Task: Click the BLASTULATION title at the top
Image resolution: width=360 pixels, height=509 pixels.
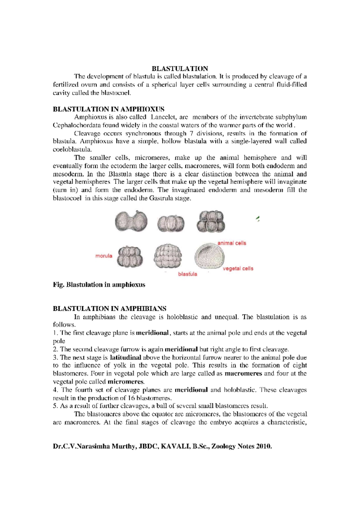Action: pyautogui.click(x=180, y=69)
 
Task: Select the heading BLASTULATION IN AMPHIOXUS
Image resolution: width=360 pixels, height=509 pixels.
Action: pyautogui.click(x=108, y=109)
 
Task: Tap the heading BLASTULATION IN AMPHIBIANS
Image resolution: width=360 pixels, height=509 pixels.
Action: pyautogui.click(x=109, y=309)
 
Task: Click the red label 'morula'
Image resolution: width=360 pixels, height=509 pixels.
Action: pyautogui.click(x=104, y=256)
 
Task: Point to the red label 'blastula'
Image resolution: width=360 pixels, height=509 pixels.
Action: pyautogui.click(x=187, y=274)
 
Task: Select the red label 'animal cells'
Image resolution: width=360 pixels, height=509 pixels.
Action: pyautogui.click(x=232, y=243)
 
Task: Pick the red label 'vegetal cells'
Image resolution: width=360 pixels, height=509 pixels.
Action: pyautogui.click(x=238, y=269)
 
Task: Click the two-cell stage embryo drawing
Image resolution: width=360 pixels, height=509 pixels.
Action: pyautogui.click(x=131, y=221)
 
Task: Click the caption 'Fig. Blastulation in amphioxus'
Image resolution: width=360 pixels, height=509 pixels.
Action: pyautogui.click(x=99, y=285)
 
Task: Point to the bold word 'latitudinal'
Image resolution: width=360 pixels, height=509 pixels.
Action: pyautogui.click(x=125, y=357)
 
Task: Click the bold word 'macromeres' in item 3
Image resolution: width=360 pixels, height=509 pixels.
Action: pyautogui.click(x=243, y=374)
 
